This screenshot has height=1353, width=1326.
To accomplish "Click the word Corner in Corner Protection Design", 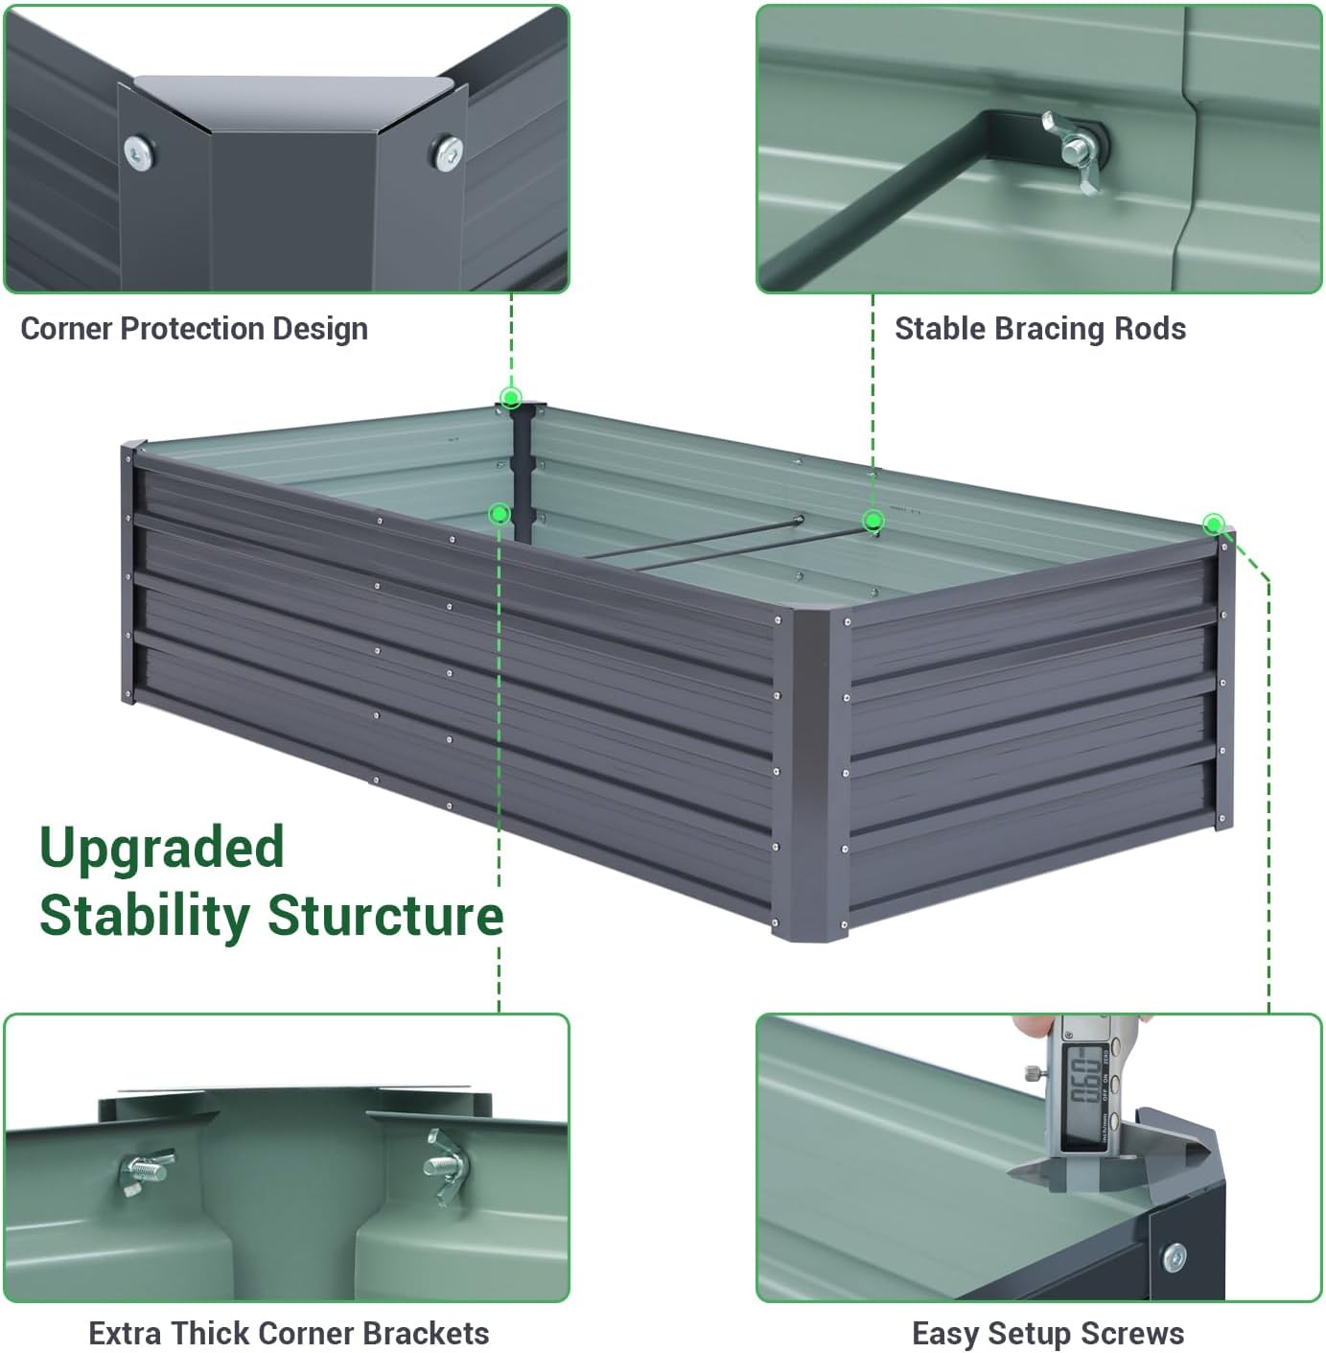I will pyautogui.click(x=66, y=329).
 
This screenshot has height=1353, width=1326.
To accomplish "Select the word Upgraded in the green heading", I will pyautogui.click(x=162, y=848).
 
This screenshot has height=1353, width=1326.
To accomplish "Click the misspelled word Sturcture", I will pyautogui.click(x=385, y=915).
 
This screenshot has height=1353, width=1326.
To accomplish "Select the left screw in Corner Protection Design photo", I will pyautogui.click(x=139, y=152).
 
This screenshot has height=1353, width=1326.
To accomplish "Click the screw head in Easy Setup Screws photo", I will pyautogui.click(x=1174, y=1256).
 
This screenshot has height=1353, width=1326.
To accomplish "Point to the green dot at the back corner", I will pyautogui.click(x=511, y=397).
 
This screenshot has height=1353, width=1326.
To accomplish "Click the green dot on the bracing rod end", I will pyautogui.click(x=872, y=521).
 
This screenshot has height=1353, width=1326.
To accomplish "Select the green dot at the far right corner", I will pyautogui.click(x=1214, y=524).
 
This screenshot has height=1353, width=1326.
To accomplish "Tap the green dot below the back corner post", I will pyautogui.click(x=499, y=514).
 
